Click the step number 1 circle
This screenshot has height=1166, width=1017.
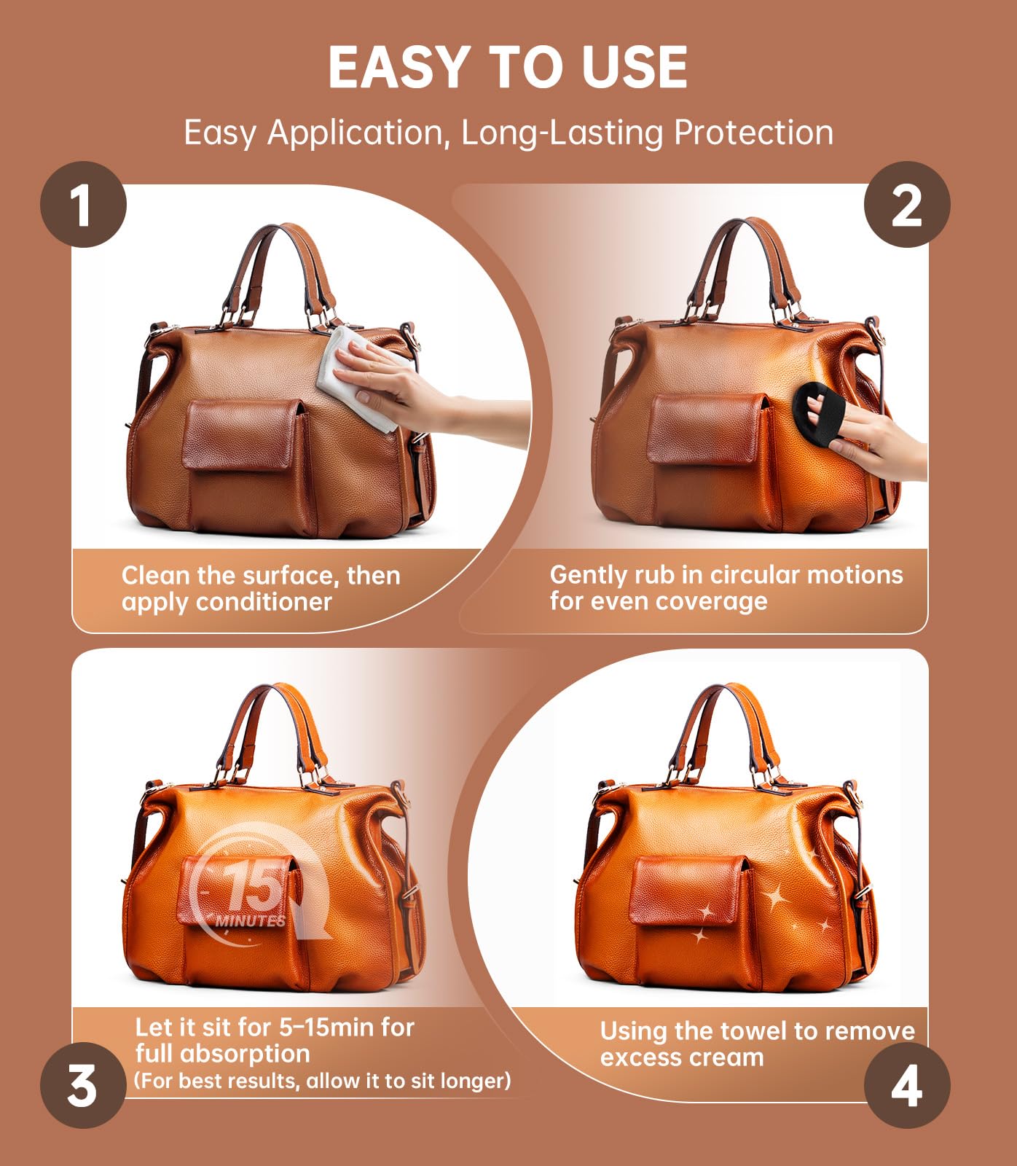click(x=83, y=205)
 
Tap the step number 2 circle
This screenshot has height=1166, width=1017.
click(x=906, y=205)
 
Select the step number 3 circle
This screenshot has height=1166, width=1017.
click(x=83, y=1085)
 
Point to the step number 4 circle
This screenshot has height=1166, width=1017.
click(x=906, y=1085)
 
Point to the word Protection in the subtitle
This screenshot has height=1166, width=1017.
click(x=753, y=133)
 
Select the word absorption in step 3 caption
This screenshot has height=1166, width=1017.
click(x=246, y=1054)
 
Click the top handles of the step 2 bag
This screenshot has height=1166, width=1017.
click(x=743, y=255)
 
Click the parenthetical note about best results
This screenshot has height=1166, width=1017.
click(x=322, y=1080)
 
